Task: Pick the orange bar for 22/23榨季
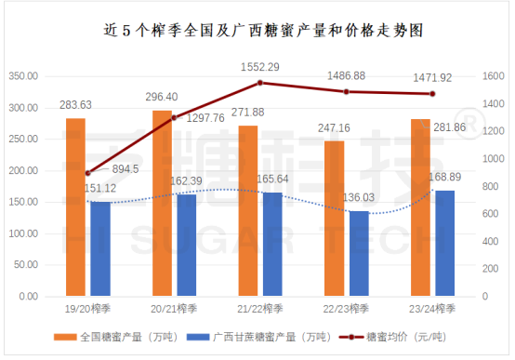[334, 219]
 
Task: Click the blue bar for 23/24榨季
[445, 243]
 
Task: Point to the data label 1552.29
[260, 68]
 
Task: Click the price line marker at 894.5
[87, 173]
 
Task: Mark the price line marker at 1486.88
[346, 91]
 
